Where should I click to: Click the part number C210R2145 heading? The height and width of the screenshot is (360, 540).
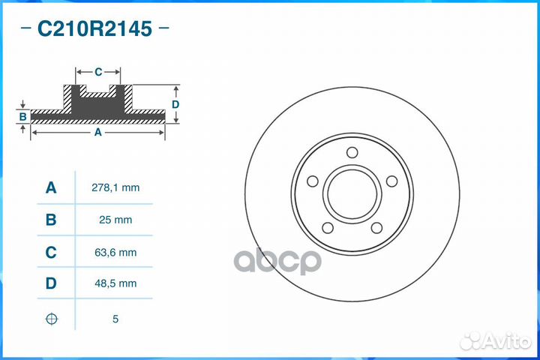click(x=94, y=29)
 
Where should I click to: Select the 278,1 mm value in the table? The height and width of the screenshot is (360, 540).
click(x=115, y=187)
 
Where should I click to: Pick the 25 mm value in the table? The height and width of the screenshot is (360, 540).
click(x=115, y=220)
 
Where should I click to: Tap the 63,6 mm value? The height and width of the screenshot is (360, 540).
click(x=115, y=253)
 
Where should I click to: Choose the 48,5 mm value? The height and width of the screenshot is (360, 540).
click(x=115, y=283)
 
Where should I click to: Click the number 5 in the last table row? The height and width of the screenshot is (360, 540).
click(x=115, y=319)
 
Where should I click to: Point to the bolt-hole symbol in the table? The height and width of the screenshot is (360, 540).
click(x=51, y=319)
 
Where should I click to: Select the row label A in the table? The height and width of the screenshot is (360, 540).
click(x=51, y=187)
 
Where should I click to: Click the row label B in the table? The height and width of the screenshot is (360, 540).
click(x=51, y=220)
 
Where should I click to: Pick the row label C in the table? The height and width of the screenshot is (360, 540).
click(x=51, y=253)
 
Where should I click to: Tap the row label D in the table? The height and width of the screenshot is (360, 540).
click(x=51, y=283)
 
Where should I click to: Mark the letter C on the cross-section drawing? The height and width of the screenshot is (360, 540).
click(x=98, y=72)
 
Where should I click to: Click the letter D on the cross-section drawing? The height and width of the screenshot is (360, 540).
click(x=175, y=104)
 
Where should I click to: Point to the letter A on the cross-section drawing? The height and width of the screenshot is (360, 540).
click(x=97, y=132)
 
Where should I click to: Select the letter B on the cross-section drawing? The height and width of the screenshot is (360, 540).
click(x=23, y=117)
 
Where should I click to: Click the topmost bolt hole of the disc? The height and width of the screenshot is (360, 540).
click(x=352, y=153)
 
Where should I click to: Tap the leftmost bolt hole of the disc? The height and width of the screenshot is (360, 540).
click(x=313, y=181)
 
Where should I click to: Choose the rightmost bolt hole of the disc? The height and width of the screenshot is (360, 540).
click(x=391, y=181)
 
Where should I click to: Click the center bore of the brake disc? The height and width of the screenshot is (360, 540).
click(x=352, y=194)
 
